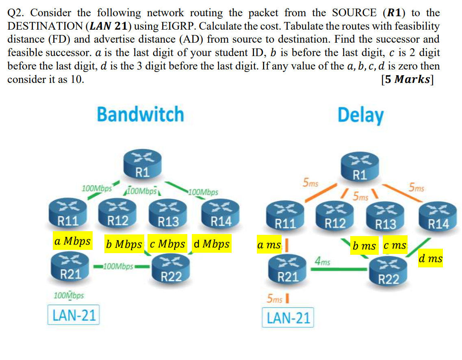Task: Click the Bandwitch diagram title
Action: (x=140, y=114)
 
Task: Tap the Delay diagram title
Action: (x=360, y=115)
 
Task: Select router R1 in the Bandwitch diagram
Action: (x=141, y=165)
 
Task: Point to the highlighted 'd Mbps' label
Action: (x=211, y=244)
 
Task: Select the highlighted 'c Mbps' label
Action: (x=167, y=244)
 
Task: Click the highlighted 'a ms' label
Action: (x=269, y=245)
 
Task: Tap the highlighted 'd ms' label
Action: (x=430, y=258)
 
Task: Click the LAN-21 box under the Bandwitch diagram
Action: (x=74, y=314)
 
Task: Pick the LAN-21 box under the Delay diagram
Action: (x=288, y=318)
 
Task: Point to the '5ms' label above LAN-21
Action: (x=275, y=299)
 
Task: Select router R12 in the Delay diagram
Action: (x=335, y=215)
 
